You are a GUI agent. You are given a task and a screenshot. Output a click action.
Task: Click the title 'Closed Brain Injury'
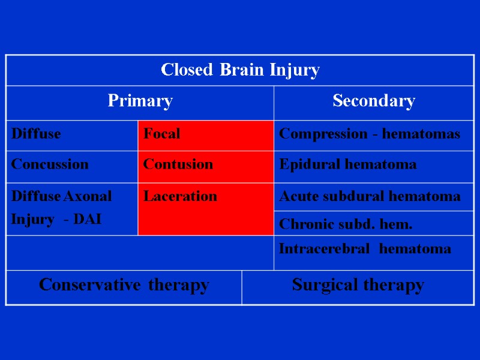(240, 70)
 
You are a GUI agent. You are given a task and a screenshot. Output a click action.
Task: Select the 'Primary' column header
(140, 101)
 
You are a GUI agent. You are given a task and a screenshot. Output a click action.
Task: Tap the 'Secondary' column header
(373, 101)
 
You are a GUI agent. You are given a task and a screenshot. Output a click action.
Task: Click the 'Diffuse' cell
(36, 134)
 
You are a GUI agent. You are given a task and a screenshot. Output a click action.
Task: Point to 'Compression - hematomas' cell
(370, 134)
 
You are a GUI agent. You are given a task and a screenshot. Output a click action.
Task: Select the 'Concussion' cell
(49, 164)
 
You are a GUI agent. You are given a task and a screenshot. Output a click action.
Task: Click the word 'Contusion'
(178, 164)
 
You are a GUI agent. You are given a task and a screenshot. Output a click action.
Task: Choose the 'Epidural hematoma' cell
(348, 164)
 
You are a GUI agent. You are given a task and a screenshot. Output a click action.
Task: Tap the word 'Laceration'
(180, 196)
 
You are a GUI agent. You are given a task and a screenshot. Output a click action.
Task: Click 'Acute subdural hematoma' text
(370, 196)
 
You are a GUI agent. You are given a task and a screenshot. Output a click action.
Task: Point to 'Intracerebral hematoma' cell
(365, 249)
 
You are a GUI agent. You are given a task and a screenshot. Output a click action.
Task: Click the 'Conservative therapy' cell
(124, 285)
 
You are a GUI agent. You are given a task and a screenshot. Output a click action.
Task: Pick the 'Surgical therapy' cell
(358, 285)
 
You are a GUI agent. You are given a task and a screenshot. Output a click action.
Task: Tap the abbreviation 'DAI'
(88, 219)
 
